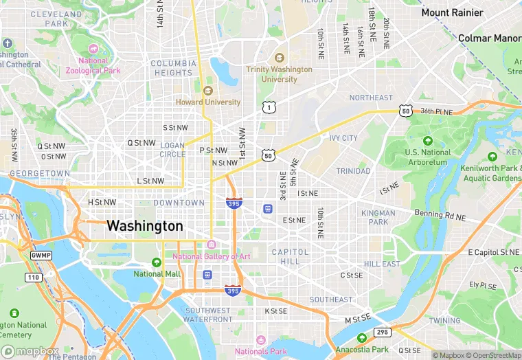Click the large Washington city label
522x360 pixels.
[144, 226]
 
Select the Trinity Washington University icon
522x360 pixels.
[279, 58]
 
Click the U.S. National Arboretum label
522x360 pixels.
[427, 157]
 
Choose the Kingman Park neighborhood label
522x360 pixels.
[378, 217]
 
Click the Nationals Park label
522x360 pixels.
[260, 351]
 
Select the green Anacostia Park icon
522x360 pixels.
[362, 338]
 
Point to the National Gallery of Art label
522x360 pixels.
[212, 256]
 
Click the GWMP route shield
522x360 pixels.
[41, 255]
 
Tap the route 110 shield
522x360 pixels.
[34, 277]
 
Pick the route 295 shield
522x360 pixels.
[383, 333]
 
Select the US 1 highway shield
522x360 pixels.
[269, 106]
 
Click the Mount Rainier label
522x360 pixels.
[452, 12]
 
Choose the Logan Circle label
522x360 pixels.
[172, 150]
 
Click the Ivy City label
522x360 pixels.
[343, 138]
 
